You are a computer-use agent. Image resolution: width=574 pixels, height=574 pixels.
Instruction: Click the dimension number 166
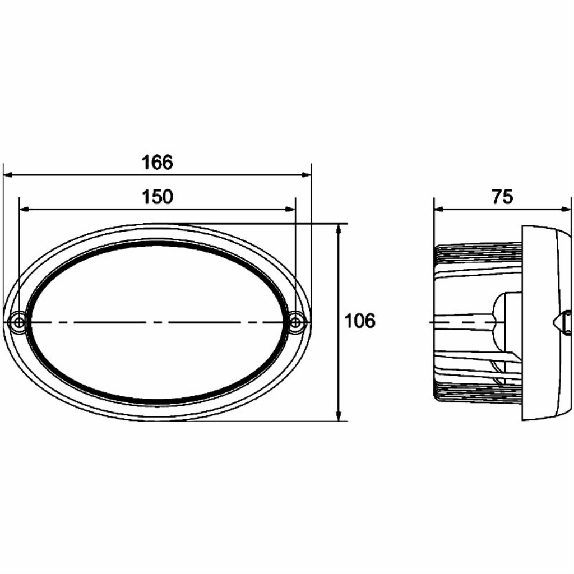click(x=157, y=163)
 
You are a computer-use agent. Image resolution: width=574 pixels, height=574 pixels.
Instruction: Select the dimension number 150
click(x=157, y=197)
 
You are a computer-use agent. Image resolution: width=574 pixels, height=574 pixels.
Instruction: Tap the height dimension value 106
click(x=360, y=321)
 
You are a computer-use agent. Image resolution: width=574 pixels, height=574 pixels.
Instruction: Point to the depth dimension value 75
click(x=503, y=197)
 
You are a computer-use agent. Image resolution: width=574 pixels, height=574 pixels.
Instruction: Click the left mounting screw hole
click(x=18, y=322)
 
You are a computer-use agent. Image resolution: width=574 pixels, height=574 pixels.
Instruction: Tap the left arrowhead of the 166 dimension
click(x=8, y=175)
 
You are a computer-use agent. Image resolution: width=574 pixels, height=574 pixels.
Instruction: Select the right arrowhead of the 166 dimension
click(x=307, y=175)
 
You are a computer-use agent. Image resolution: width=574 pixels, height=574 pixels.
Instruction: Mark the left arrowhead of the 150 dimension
click(x=24, y=210)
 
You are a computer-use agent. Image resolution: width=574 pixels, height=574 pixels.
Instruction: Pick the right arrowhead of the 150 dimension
click(x=290, y=210)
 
